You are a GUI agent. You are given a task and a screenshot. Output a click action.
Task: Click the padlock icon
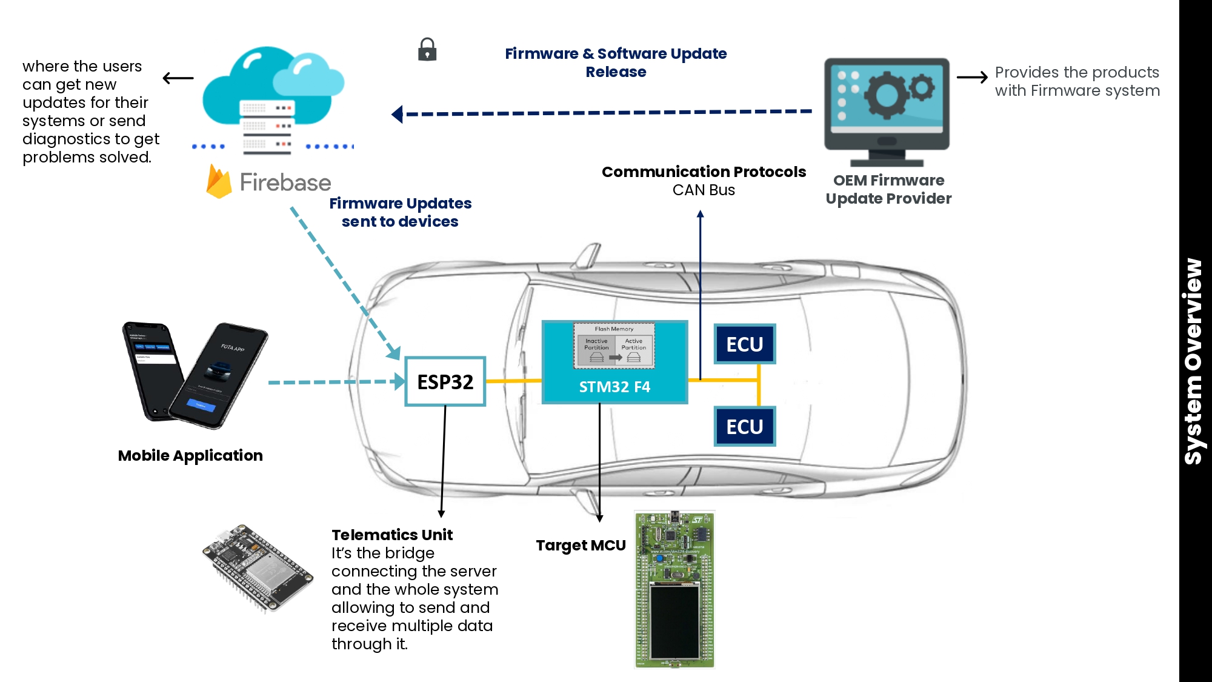coord(427,49)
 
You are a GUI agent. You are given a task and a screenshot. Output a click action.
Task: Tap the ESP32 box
coord(445,381)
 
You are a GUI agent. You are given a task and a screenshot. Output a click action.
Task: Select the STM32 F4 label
coord(614,387)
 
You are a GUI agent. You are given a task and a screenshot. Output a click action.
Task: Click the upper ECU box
coord(745,344)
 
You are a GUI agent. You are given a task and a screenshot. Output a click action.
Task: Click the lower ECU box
coord(745,427)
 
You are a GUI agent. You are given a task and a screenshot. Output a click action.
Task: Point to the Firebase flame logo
coord(219,181)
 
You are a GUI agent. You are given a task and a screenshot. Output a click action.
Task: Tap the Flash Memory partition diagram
coord(614,346)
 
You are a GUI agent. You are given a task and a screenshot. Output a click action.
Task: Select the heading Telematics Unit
coord(392,535)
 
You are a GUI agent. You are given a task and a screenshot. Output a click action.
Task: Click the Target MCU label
coord(581,546)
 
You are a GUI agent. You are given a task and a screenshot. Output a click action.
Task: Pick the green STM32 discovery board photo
coord(675,589)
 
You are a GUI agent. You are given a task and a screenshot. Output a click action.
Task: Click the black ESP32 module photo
coord(257,569)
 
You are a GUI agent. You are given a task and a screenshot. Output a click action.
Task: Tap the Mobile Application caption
coord(190,455)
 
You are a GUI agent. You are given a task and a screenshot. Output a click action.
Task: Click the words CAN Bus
coord(704,190)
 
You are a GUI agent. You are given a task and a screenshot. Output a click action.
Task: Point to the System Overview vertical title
coord(1194,361)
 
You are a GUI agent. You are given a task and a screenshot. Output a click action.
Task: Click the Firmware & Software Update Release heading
coord(616,62)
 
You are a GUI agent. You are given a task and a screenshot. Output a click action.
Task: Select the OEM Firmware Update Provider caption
coord(888,189)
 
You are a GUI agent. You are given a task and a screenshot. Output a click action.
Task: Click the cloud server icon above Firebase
coord(273,100)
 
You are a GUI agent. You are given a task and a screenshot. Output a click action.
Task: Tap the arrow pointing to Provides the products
coord(972,78)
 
